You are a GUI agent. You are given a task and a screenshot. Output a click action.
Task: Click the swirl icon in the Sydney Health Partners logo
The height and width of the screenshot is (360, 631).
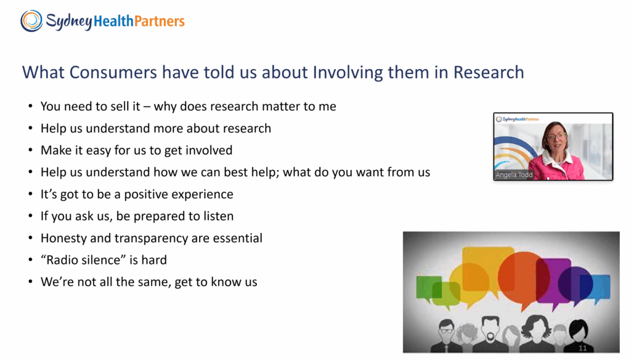point(31,20)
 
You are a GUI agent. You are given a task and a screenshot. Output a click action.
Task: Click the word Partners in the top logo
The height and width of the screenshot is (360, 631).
point(160,21)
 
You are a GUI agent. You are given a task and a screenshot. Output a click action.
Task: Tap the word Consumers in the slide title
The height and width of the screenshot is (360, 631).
point(113,73)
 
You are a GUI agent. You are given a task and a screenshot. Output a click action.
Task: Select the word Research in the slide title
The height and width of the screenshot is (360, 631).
point(489,73)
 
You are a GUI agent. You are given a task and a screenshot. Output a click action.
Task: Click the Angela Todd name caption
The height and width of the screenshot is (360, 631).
point(514,175)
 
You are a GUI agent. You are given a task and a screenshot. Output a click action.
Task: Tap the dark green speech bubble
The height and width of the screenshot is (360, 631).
point(426,287)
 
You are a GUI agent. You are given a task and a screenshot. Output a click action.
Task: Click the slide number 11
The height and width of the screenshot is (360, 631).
point(583,348)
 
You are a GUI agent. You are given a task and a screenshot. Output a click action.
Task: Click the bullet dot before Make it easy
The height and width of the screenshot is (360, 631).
point(31,150)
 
